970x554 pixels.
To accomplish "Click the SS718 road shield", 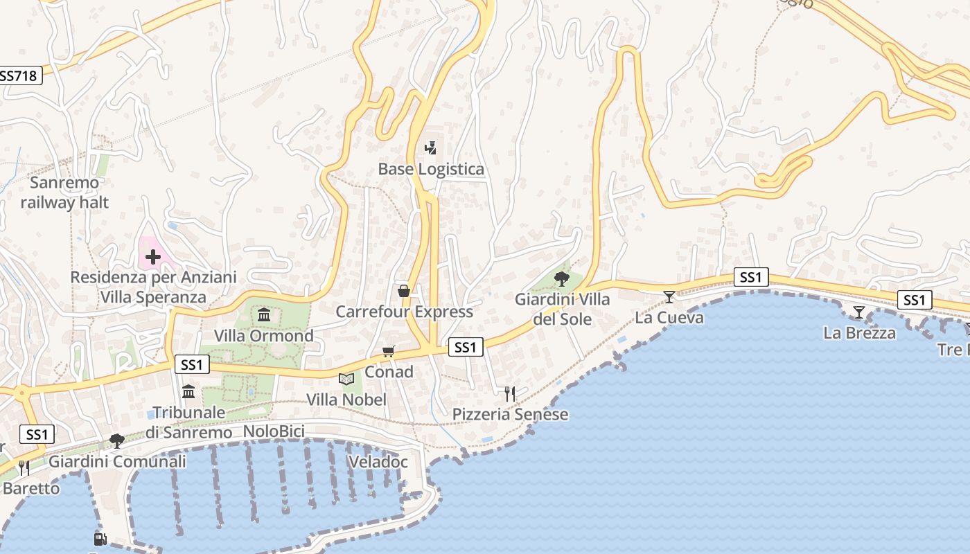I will (19, 75).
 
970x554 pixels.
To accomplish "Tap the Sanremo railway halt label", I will (64, 193).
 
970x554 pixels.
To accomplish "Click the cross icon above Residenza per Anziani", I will (153, 258).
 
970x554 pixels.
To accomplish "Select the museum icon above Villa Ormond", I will (264, 316).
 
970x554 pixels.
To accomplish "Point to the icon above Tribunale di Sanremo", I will (188, 392).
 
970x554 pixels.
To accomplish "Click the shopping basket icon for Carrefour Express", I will (404, 291).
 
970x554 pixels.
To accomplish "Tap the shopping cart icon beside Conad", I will (389, 352).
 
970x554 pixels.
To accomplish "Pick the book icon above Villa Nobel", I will (346, 379).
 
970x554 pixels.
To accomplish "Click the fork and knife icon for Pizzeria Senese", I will (510, 394).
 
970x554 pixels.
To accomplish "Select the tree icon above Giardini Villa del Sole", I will (562, 279).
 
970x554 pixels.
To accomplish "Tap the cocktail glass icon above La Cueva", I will (669, 297).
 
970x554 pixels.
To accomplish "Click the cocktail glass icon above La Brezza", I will (859, 312).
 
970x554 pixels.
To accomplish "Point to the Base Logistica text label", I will (431, 169).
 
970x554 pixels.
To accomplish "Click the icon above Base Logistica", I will (431, 148).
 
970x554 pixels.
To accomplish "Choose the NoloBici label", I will (274, 431).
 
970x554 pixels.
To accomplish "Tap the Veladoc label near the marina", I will (378, 462).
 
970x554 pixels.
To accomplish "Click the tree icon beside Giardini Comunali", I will (117, 441).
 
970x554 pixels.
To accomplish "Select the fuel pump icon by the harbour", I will (100, 539).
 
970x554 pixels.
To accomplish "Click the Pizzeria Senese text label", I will (510, 414).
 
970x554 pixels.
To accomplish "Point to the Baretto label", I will (31, 488).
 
